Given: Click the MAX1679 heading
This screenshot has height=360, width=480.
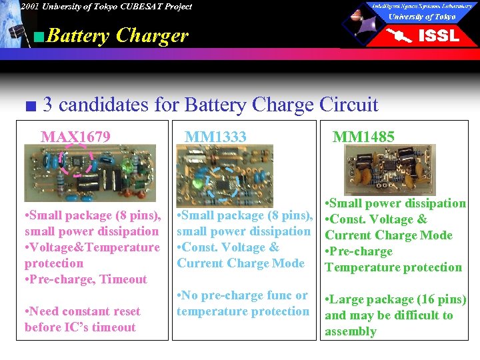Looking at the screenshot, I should (x=75, y=137).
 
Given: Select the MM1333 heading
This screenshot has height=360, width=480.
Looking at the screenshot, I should (x=215, y=137).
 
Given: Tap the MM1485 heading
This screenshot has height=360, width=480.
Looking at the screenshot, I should (x=363, y=137).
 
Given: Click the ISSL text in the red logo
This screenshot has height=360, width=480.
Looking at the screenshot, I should (x=438, y=35).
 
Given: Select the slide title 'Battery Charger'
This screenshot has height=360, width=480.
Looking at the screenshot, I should (x=118, y=35).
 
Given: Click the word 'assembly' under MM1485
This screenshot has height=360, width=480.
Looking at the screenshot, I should (x=350, y=331).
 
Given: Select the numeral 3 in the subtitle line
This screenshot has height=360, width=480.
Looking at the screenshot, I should (x=47, y=105).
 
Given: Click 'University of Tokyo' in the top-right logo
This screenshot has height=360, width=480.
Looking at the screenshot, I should (x=422, y=16).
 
